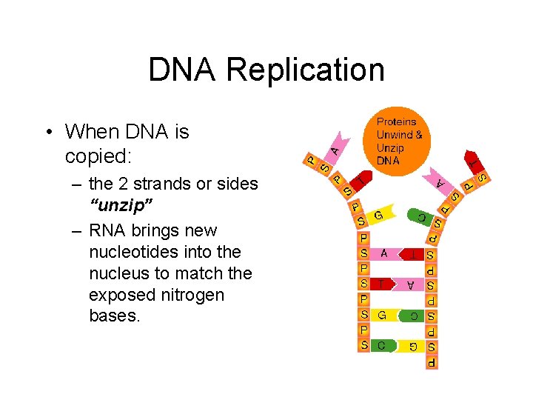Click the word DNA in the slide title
pyautogui.click(x=183, y=70)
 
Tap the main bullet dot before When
pyautogui.click(x=49, y=133)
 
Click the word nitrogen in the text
pyautogui.click(x=188, y=295)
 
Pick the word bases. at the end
pyautogui.click(x=112, y=316)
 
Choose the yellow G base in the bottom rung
pyautogui.click(x=410, y=346)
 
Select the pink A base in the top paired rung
pyautogui.click(x=384, y=253)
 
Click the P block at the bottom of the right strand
pyautogui.click(x=431, y=363)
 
